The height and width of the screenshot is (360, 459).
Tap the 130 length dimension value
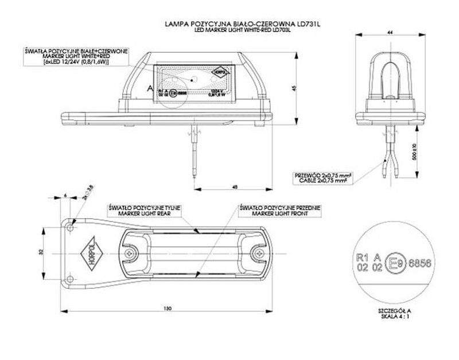[167, 309]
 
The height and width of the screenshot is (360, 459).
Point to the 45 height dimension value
[294, 87]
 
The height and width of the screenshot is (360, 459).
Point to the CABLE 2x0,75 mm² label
[322, 180]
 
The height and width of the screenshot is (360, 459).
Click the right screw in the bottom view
[256, 251]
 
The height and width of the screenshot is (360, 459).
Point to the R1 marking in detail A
[361, 258]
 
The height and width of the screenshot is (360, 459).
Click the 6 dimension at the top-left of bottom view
[66, 196]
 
